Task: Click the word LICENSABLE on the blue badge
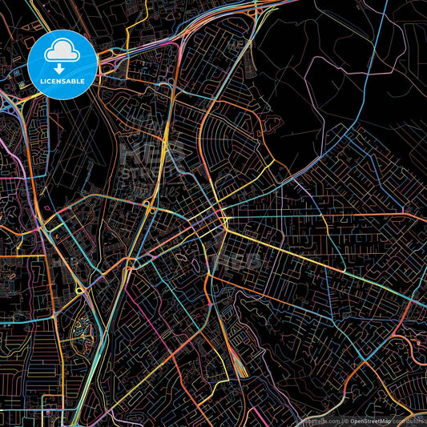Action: click(62, 81)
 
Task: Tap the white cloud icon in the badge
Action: click(62, 53)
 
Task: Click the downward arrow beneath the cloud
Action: click(62, 67)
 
